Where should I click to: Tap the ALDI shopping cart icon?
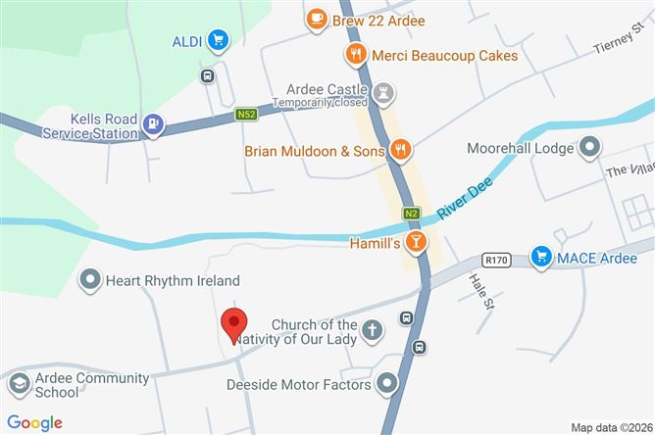pos(218,40)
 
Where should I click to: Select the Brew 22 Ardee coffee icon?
pos(316,18)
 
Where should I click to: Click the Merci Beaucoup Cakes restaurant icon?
pos(355,55)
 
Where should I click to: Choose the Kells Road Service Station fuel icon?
pos(153,124)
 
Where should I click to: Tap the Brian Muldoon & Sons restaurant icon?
pos(399,150)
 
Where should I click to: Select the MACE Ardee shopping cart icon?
pos(540,257)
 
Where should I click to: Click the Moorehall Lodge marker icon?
pos(589,148)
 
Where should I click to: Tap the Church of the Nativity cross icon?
pos(372,331)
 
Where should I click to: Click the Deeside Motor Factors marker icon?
pos(388,384)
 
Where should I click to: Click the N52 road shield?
pos(248,115)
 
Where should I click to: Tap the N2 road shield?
pos(411,214)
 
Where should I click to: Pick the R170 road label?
pos(498,260)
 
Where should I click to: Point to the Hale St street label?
pos(479,291)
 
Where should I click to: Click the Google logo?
pos(34,422)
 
